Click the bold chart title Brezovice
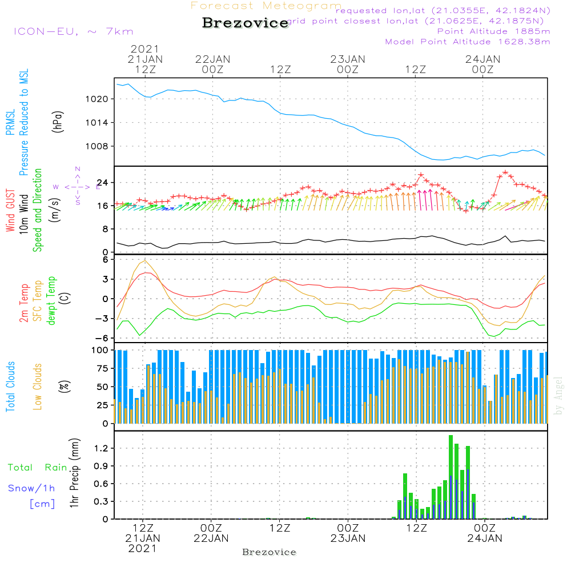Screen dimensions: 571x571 click(x=246, y=23)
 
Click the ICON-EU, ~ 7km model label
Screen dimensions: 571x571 click(x=73, y=31)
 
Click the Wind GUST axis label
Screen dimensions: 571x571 click(x=10, y=210)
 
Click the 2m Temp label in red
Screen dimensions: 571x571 click(x=24, y=301)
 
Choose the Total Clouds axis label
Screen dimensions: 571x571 click(x=10, y=387)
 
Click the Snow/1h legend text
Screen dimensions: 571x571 click(x=32, y=488)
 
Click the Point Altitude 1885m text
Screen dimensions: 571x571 click(x=493, y=31)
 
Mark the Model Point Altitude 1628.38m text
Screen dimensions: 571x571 click(x=468, y=42)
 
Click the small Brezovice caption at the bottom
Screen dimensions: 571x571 click(x=269, y=552)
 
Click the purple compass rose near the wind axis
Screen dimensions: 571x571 click(x=78, y=186)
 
